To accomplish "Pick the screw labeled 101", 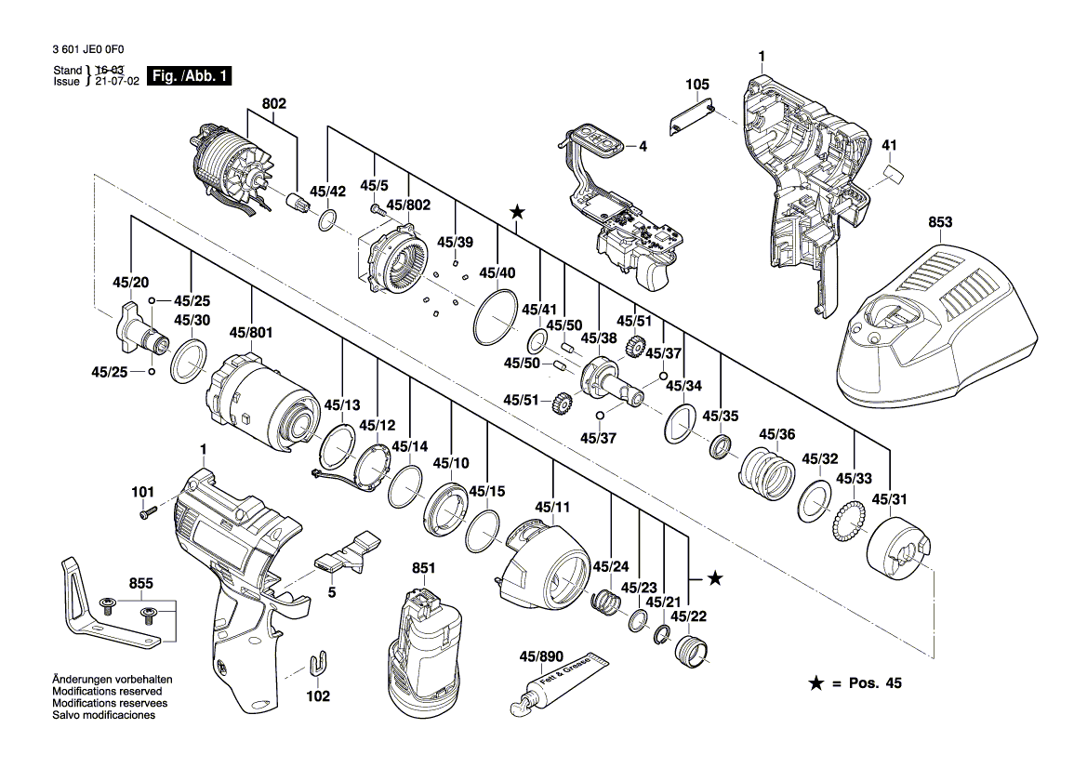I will (x=147, y=511).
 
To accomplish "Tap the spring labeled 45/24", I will (x=606, y=602).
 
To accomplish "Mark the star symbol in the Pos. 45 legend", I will (x=815, y=683).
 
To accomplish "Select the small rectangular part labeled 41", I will (x=894, y=174).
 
